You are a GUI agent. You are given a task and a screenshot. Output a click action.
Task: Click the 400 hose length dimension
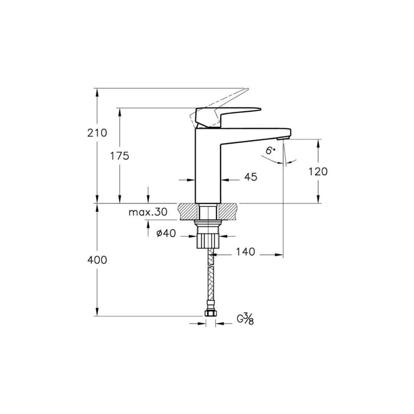click(82, 260)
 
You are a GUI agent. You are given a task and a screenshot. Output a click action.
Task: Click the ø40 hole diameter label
click(166, 233)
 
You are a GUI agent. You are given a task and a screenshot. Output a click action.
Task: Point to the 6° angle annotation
click(270, 151)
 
